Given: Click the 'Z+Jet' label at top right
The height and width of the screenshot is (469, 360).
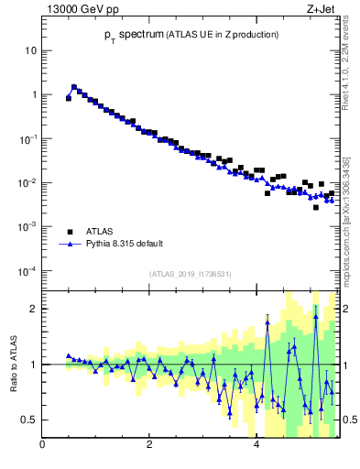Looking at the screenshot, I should point(323,10).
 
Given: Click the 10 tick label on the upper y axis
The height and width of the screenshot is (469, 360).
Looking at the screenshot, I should point(30,50).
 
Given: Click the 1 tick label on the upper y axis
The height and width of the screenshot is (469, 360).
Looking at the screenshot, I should point(34,94).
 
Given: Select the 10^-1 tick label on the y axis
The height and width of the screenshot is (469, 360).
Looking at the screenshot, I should point(28,138).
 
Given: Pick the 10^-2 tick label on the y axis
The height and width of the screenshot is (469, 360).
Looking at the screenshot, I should point(28,182).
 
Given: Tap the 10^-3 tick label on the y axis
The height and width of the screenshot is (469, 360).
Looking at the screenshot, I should point(28,226).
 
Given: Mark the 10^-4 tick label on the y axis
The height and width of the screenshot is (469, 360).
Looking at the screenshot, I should point(28,270).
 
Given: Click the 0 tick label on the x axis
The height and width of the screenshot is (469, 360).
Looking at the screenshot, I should point(43,446).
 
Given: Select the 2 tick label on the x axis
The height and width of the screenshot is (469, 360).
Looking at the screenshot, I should point(149,446).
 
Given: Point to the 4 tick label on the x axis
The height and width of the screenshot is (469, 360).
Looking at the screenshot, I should point(256,446).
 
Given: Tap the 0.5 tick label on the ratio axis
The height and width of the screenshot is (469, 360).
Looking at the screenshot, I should point(29,420).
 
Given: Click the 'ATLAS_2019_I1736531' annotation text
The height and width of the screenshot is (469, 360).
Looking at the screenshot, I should point(191,274).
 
